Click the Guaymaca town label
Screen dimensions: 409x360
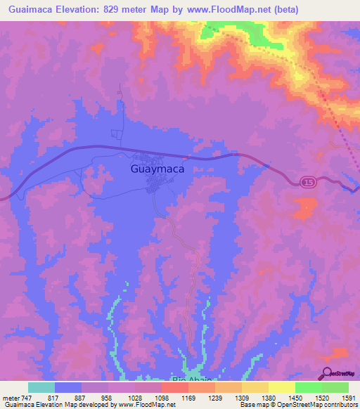coord(157,169)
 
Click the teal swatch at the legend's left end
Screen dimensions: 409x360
coord(41,387)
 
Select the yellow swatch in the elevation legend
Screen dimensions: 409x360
coord(282,387)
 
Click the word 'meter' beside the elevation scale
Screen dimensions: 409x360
coord(10,397)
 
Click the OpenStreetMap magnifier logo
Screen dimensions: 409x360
coord(327,372)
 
